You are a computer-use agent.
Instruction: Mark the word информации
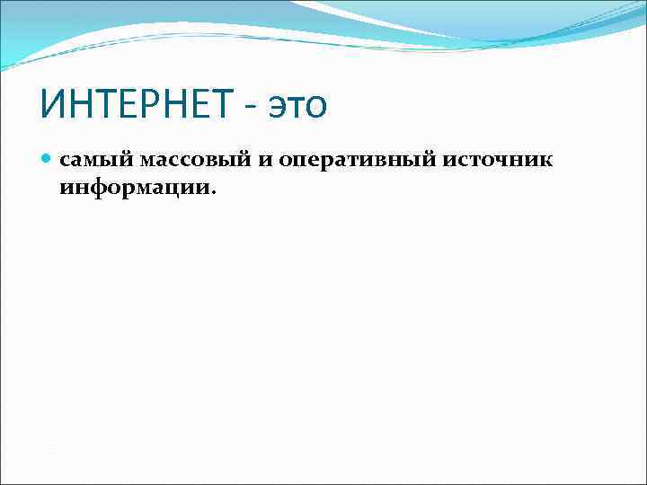[134, 188]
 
